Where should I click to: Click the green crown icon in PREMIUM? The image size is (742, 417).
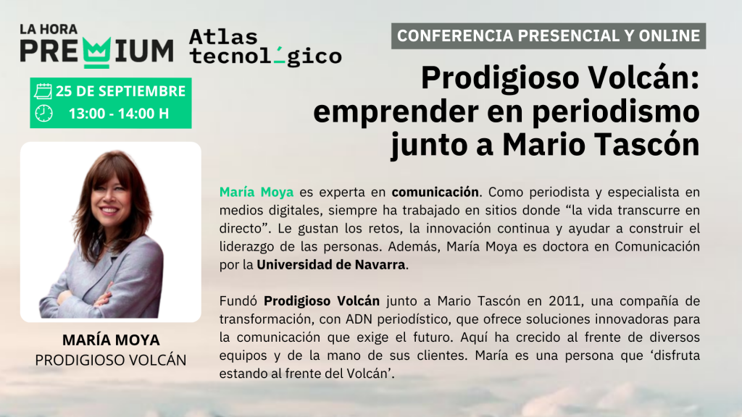[x=97, y=52]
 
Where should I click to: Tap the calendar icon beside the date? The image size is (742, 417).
[x=43, y=91]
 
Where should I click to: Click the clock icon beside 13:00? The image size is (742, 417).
[x=43, y=114]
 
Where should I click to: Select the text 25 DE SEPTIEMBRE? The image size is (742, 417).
[x=120, y=91]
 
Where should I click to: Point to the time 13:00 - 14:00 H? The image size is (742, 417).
[x=119, y=114]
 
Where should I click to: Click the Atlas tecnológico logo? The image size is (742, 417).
[x=265, y=47]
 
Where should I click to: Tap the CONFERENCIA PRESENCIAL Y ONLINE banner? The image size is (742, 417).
[x=549, y=36]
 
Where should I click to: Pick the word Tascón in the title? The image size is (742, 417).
[x=647, y=145]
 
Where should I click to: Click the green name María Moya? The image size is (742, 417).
[x=257, y=192]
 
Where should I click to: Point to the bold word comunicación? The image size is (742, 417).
[x=435, y=192]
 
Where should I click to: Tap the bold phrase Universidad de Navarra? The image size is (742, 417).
[x=330, y=264]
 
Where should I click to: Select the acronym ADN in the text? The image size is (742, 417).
[x=360, y=319]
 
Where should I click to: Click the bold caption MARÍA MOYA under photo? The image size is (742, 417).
[x=111, y=340]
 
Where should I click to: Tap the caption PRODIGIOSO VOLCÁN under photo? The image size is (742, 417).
[x=111, y=361]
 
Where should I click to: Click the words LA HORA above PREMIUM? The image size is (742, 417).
[x=49, y=29]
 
